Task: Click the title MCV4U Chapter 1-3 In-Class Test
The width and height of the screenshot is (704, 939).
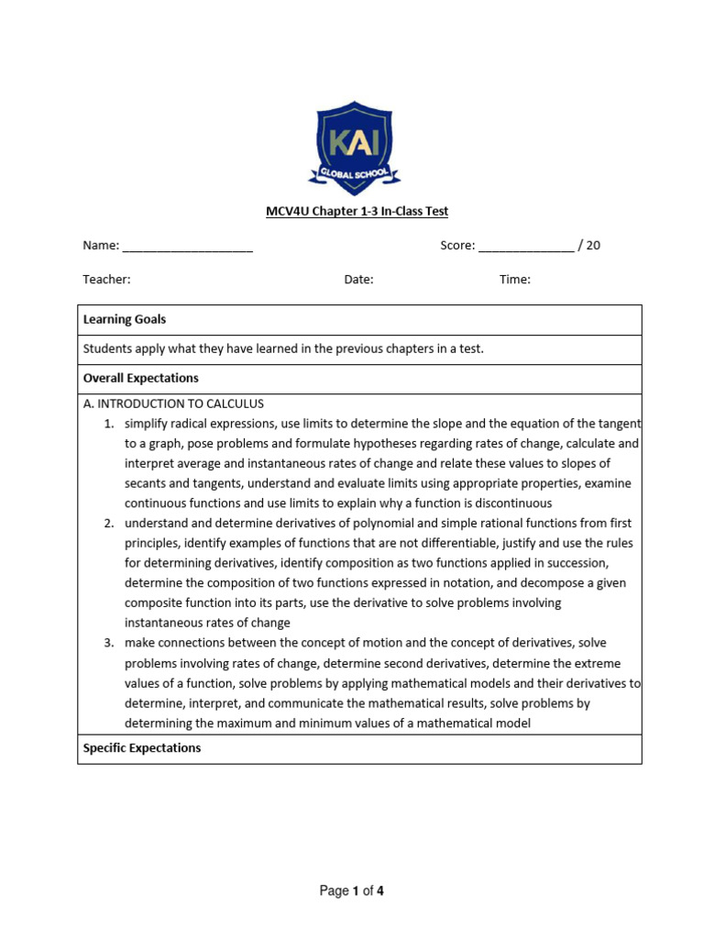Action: point(357,212)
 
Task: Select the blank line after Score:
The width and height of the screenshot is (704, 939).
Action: point(526,247)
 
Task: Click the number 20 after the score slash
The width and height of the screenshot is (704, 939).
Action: point(593,246)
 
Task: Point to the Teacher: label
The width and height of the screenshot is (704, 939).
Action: point(106,280)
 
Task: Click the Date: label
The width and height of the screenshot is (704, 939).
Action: point(358,280)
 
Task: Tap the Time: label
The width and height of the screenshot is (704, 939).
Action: point(514,280)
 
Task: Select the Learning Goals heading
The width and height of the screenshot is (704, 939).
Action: point(124,320)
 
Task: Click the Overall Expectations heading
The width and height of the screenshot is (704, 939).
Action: point(140,378)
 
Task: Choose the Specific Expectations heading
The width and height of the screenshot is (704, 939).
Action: point(141,748)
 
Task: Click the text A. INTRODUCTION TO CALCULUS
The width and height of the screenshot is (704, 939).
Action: point(173,403)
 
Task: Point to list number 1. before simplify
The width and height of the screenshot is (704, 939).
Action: point(108,424)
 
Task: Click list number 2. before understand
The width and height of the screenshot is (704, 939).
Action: point(108,524)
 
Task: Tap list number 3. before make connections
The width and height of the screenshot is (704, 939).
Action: point(108,643)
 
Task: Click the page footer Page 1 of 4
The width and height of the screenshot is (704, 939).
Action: point(351,890)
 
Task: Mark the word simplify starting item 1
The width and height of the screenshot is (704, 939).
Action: point(147,424)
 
